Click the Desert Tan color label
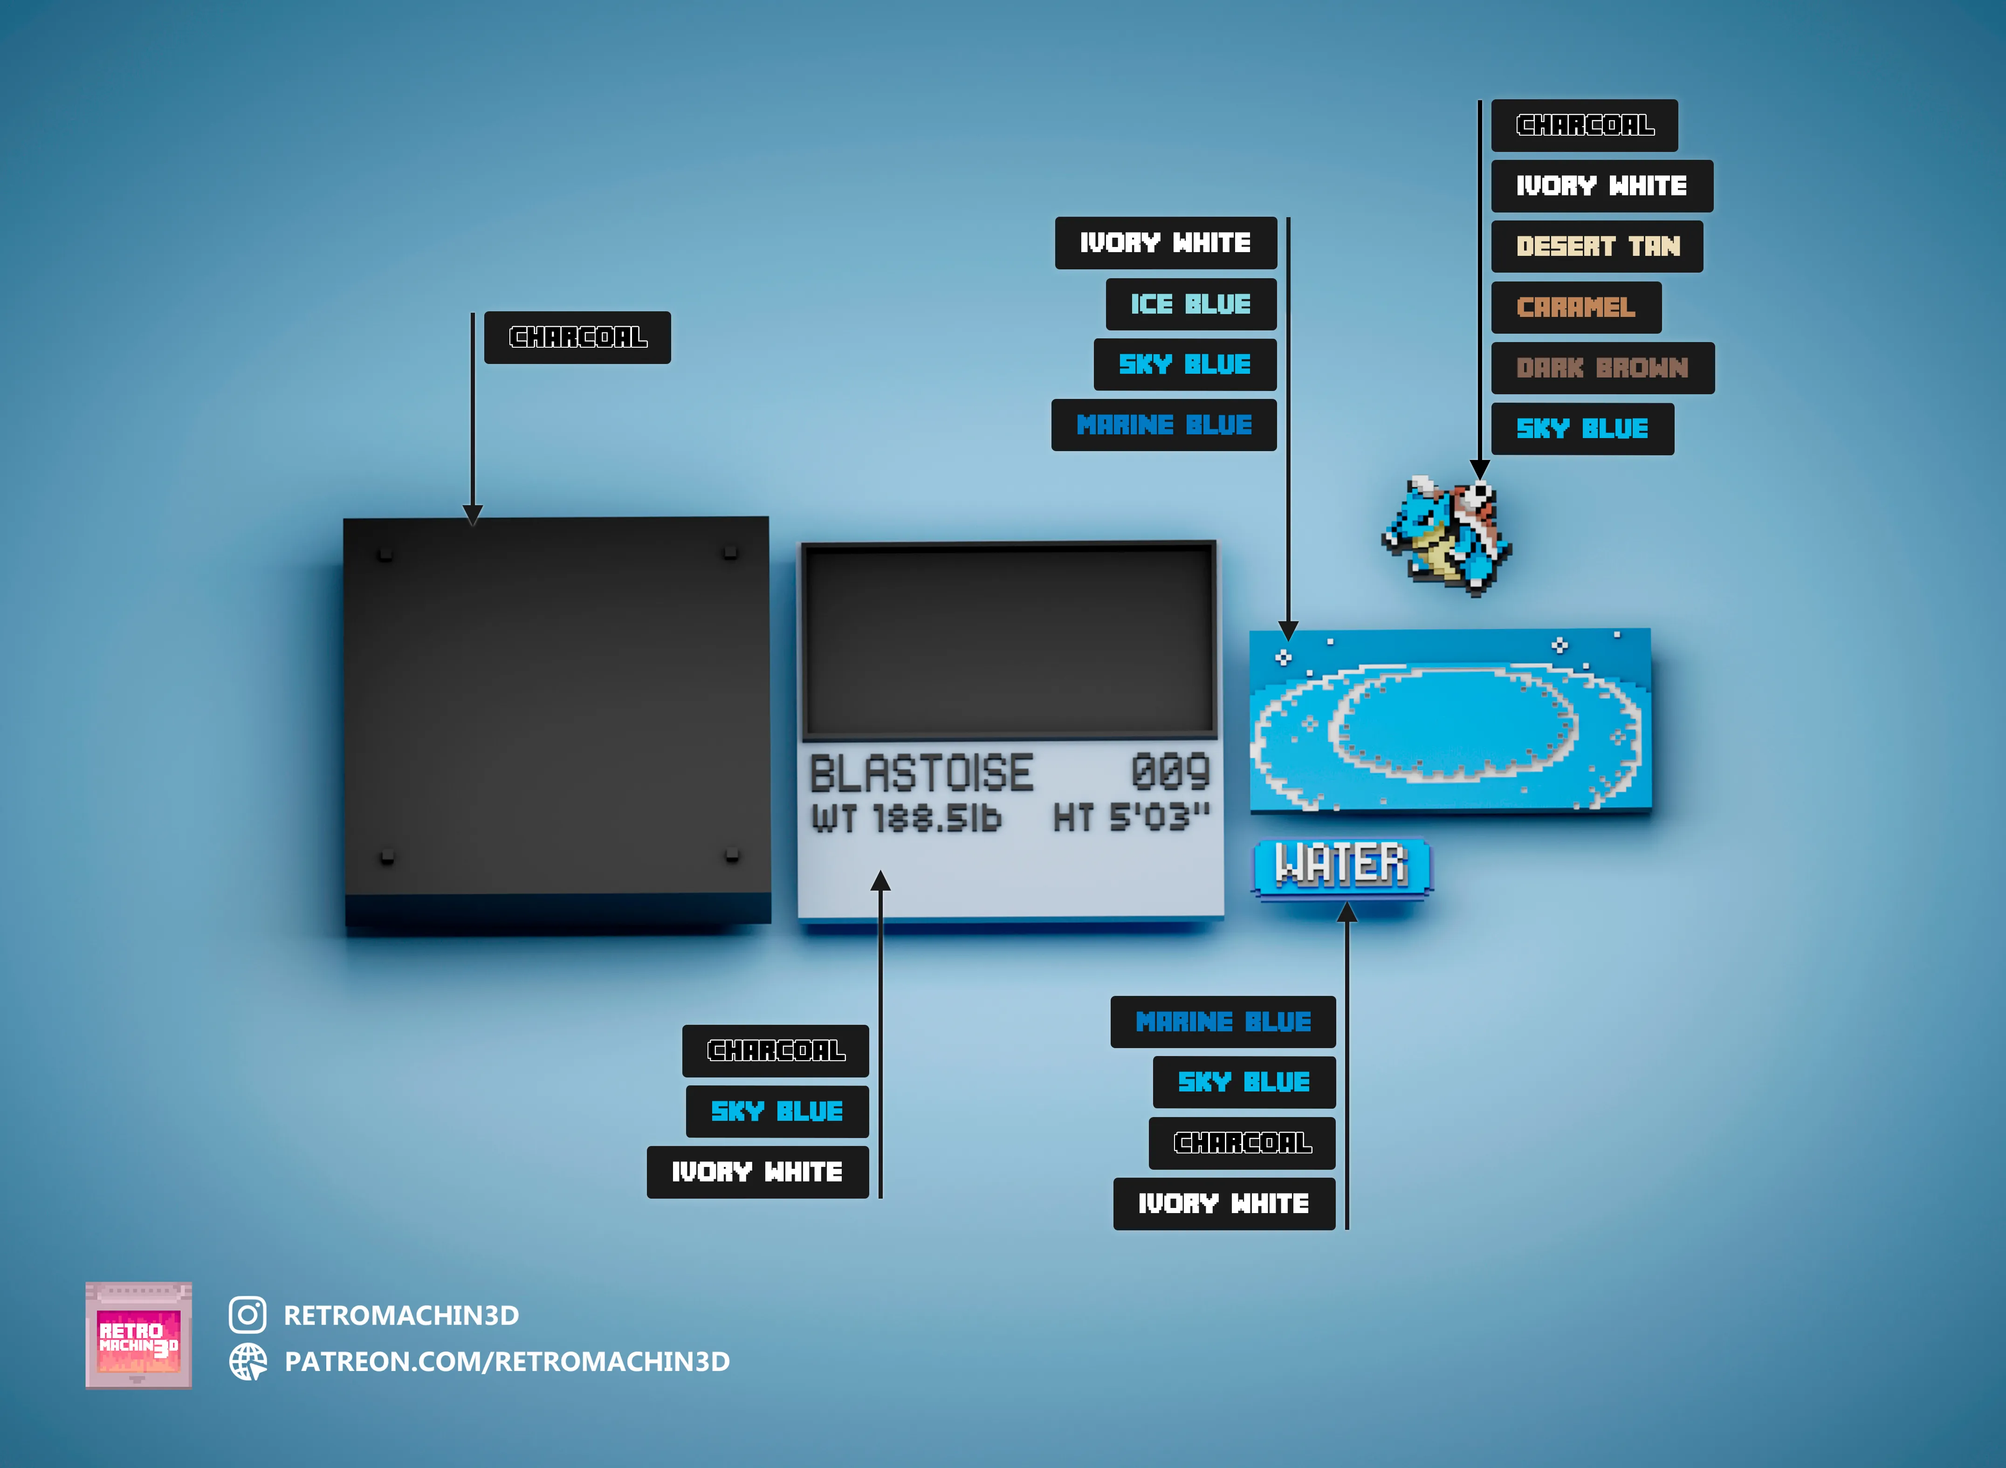[x=1597, y=246]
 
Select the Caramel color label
[x=1576, y=308]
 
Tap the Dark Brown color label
[x=1602, y=368]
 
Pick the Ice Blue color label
[x=1191, y=304]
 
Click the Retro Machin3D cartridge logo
[x=138, y=1335]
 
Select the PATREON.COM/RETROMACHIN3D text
[x=507, y=1361]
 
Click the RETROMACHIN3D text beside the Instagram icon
[x=401, y=1315]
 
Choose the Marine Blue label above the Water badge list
[x=1223, y=1022]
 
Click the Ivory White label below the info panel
[x=757, y=1172]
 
